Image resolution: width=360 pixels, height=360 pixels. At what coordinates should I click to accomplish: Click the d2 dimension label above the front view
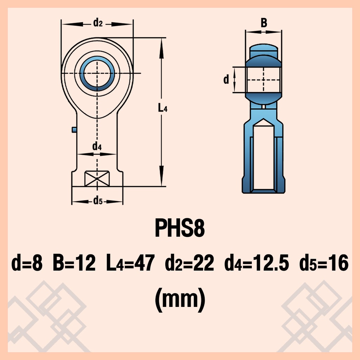[x=98, y=23]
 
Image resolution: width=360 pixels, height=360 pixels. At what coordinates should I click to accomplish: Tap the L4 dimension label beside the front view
[x=162, y=108]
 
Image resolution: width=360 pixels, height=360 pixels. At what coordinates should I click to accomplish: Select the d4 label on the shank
[x=97, y=147]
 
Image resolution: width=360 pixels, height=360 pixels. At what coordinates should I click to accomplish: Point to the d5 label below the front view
[x=98, y=201]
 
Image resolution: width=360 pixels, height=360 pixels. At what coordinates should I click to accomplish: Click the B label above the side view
[x=264, y=23]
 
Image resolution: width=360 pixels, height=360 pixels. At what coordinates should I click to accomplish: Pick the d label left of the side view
[x=226, y=79]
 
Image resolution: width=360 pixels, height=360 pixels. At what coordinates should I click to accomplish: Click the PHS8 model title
[x=180, y=228]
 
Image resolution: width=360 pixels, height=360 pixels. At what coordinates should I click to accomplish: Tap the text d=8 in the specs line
[x=27, y=263]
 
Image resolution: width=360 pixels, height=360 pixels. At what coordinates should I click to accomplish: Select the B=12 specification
[x=74, y=263]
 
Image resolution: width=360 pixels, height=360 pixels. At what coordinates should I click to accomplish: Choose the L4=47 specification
[x=130, y=263]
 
